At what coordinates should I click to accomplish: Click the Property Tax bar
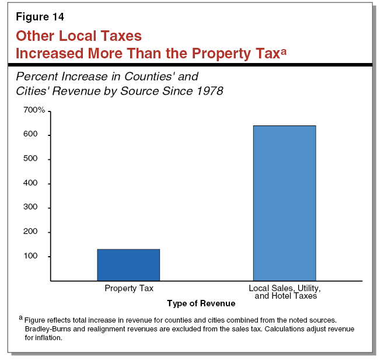[128, 265]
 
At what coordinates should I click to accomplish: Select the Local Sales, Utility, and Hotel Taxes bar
[284, 203]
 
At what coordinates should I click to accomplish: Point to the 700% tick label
[34, 110]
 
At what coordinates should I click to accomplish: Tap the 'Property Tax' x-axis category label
[128, 288]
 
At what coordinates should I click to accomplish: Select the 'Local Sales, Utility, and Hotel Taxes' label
[285, 292]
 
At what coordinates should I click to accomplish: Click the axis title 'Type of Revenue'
[201, 303]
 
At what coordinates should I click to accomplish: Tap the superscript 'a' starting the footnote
[20, 319]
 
